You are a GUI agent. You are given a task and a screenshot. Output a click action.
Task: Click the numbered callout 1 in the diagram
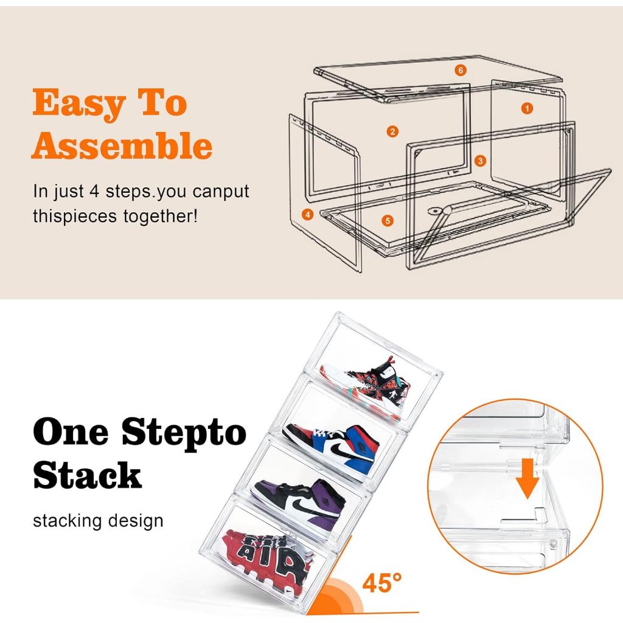tap(527, 108)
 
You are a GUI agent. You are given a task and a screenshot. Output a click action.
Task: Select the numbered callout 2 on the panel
tap(392, 131)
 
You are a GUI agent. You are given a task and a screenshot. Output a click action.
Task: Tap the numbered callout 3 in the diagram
tap(481, 161)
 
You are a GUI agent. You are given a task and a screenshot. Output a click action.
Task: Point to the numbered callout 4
tap(308, 214)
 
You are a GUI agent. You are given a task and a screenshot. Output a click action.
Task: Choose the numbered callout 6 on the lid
tap(461, 71)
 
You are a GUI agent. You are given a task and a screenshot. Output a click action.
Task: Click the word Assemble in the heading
tap(122, 146)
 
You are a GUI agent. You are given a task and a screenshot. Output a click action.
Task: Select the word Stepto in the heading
tap(184, 432)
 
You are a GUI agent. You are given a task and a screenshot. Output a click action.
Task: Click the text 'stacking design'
tap(98, 521)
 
